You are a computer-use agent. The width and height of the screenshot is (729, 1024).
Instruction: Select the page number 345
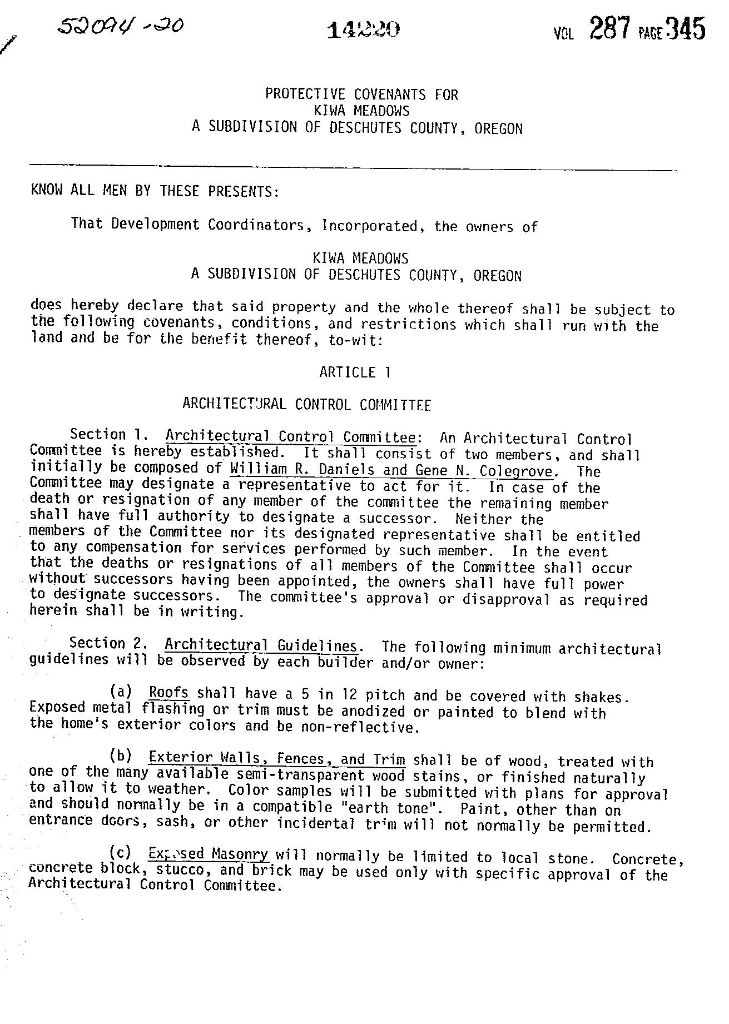[x=686, y=29]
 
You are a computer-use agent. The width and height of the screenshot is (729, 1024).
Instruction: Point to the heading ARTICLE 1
[x=355, y=372]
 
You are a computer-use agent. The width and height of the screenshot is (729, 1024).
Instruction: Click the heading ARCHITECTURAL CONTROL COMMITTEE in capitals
[x=306, y=405]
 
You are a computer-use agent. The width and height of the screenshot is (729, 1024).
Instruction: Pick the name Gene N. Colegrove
[x=484, y=471]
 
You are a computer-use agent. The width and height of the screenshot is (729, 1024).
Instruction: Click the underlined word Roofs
[x=169, y=693]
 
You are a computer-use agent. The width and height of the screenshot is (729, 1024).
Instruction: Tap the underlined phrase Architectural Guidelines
[x=261, y=646]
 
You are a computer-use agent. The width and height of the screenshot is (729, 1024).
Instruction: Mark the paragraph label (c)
[x=121, y=852]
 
